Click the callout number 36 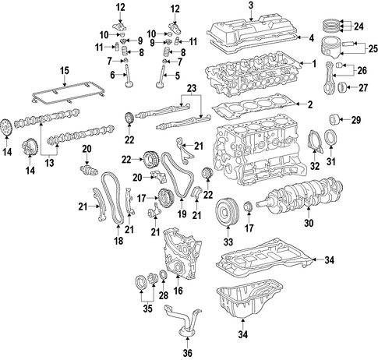pos(187,353)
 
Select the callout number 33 pos(228,242)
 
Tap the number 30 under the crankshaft pos(309,223)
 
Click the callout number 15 pos(65,70)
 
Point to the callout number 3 pos(250,5)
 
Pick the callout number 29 pos(356,120)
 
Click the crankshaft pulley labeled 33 pos(228,212)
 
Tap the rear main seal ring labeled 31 pos(331,139)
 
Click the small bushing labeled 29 pos(334,120)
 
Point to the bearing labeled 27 pos(342,87)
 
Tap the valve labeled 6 pos(129,77)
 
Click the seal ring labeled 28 pos(164,275)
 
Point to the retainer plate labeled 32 pos(315,143)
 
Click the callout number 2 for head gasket pos(309,104)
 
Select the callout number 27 pos(362,87)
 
